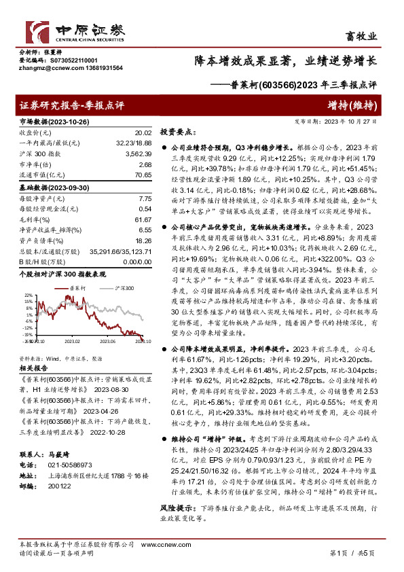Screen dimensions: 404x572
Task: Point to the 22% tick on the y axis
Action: click(x=28, y=294)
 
